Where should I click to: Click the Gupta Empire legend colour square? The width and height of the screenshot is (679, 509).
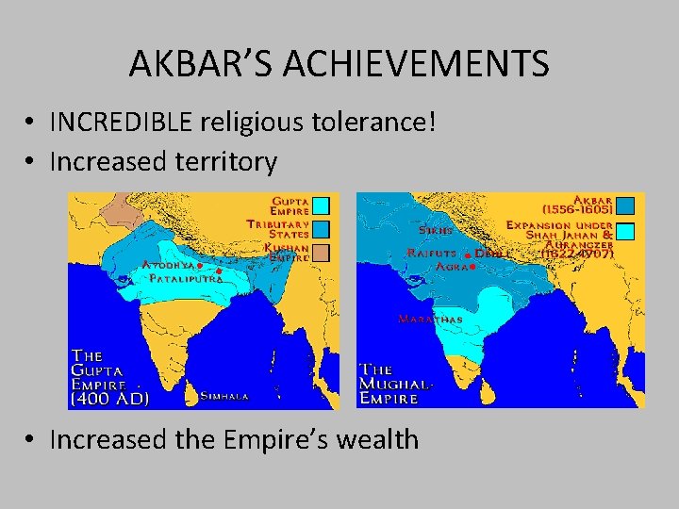pyautogui.click(x=321, y=205)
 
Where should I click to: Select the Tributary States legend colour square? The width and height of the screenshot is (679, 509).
pyautogui.click(x=321, y=229)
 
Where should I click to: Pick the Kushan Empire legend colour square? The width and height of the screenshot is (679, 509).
pyautogui.click(x=321, y=253)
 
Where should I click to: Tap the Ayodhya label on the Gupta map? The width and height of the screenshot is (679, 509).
pyautogui.click(x=169, y=266)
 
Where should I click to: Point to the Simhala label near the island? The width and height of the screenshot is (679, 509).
pyautogui.click(x=224, y=397)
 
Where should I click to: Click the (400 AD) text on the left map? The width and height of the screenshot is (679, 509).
pyautogui.click(x=109, y=399)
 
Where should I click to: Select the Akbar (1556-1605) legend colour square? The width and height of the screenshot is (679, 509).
pyautogui.click(x=625, y=205)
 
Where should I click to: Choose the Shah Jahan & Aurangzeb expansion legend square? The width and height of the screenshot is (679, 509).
pyautogui.click(x=625, y=231)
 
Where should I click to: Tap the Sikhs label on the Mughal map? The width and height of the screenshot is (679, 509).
pyautogui.click(x=436, y=230)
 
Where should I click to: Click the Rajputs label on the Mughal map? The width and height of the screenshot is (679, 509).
pyautogui.click(x=432, y=253)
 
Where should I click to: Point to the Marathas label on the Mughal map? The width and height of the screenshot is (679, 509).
pyautogui.click(x=431, y=320)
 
